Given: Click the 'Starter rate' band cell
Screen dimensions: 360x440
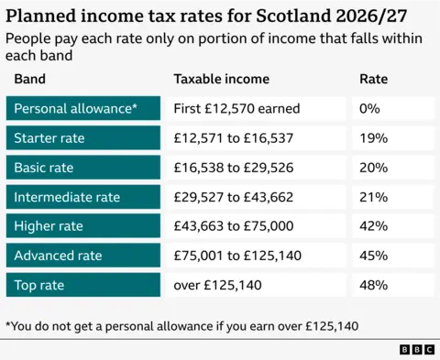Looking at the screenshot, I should click(x=82, y=138).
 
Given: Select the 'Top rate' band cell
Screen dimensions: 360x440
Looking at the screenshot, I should click(x=82, y=285).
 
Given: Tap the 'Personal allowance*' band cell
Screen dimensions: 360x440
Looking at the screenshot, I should click(x=82, y=109).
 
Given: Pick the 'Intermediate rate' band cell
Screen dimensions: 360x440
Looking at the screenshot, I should click(x=82, y=197).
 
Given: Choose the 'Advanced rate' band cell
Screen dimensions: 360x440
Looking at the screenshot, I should click(x=82, y=256).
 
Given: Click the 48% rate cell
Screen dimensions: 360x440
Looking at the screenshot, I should click(x=392, y=285).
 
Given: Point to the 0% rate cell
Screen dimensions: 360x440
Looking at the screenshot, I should click(x=392, y=109).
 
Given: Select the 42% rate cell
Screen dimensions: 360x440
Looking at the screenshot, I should click(x=392, y=226).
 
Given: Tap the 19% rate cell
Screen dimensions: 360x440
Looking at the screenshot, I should click(x=392, y=138).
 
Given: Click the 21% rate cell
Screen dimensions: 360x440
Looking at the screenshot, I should click(x=392, y=197).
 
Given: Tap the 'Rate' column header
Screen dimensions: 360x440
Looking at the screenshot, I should click(x=373, y=79).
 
